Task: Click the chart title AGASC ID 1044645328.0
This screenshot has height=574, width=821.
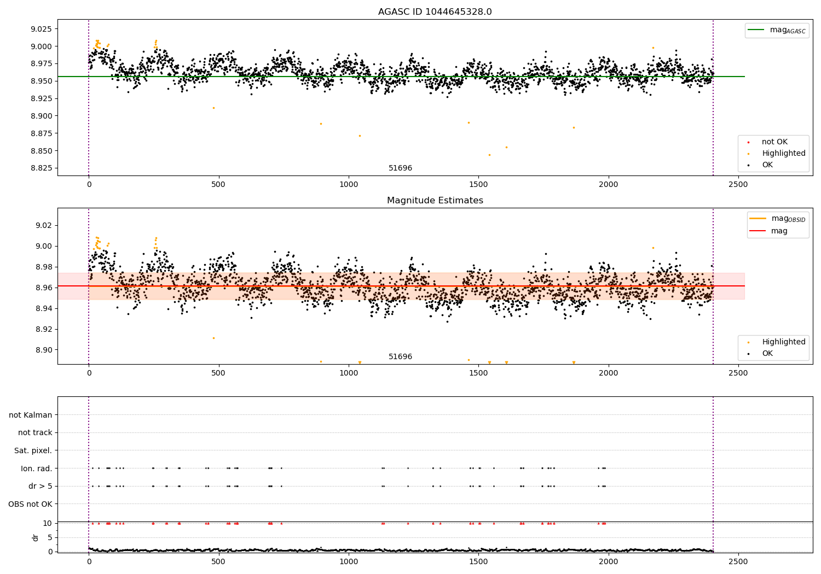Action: pyautogui.click(x=435, y=12)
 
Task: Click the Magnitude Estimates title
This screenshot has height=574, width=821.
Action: pyautogui.click(x=435, y=201)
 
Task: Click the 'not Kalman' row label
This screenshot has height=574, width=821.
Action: pyautogui.click(x=31, y=415)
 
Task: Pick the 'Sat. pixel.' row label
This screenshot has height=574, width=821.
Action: pyautogui.click(x=33, y=450)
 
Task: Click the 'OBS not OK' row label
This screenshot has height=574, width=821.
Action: pyautogui.click(x=30, y=504)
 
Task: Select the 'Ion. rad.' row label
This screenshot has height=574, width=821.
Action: pyautogui.click(x=36, y=468)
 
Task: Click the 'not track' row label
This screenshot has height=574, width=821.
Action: pyautogui.click(x=35, y=432)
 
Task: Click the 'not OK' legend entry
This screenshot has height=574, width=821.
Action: pyautogui.click(x=774, y=142)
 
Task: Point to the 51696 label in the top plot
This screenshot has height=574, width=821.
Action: pyautogui.click(x=400, y=168)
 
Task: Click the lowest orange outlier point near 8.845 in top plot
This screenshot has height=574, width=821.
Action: pyautogui.click(x=489, y=155)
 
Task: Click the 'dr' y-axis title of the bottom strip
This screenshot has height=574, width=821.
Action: pyautogui.click(x=36, y=537)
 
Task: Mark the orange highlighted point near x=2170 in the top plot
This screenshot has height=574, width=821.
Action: pyautogui.click(x=653, y=48)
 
